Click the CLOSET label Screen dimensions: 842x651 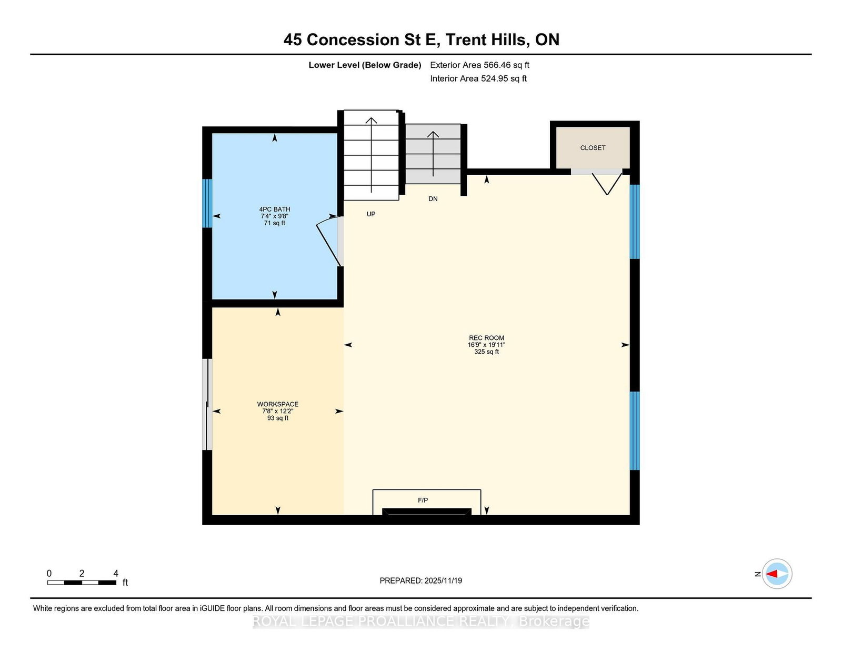593,148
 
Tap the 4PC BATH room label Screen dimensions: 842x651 274,209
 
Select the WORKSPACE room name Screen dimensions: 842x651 277,404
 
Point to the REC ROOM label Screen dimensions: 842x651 486,337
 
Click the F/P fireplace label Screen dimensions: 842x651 423,500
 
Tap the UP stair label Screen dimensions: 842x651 371,214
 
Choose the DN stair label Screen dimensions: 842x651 433,199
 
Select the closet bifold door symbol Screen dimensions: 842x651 607,184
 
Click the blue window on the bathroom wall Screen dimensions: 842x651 208,203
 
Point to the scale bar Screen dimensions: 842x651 82,583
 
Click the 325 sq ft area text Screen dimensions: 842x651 486,352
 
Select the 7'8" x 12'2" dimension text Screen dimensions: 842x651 277,411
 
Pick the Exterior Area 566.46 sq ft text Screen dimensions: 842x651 480,65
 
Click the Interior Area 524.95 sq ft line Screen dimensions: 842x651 478,78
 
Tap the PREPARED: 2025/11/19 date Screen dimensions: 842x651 421,580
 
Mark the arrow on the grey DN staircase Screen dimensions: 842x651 433,154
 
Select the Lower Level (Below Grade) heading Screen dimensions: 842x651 365,65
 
